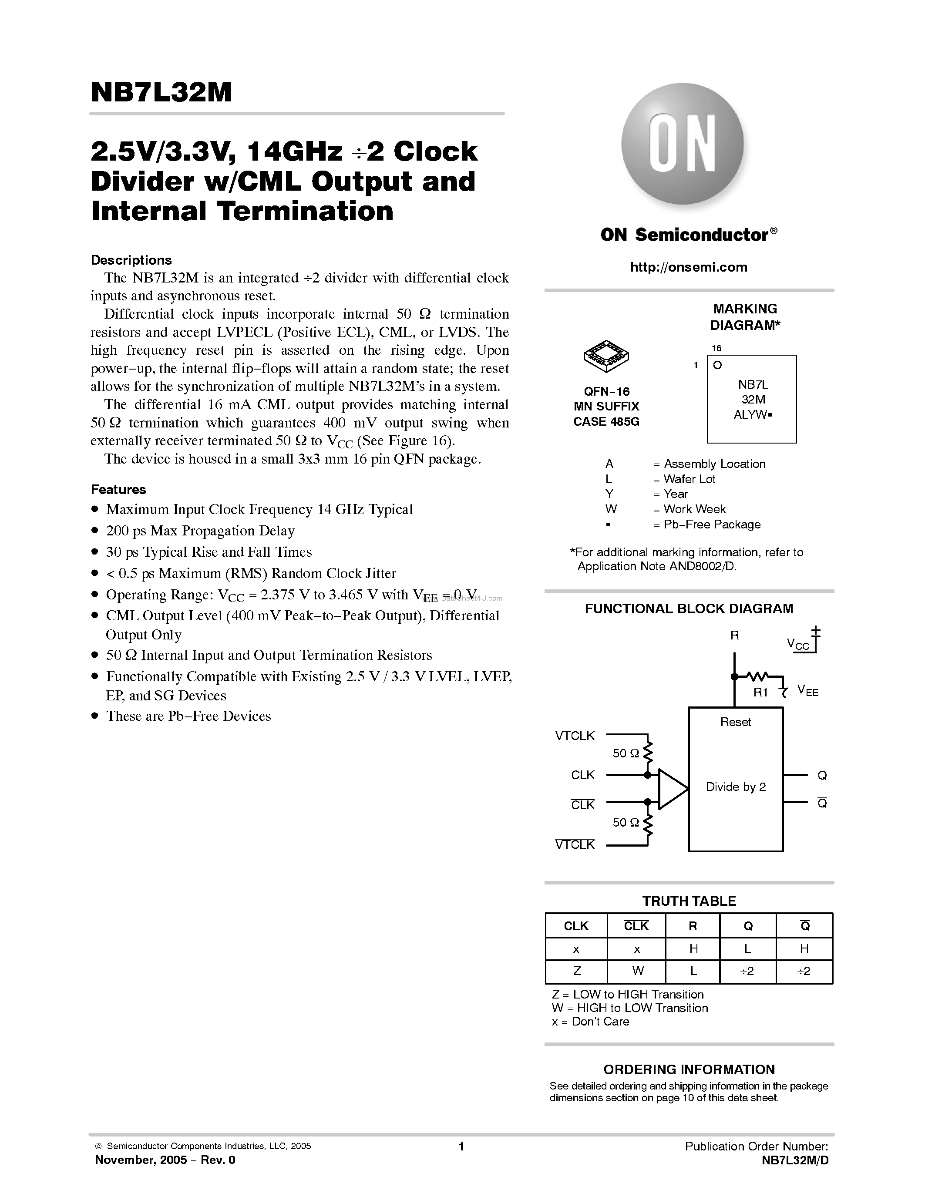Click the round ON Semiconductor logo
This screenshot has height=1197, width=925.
click(x=682, y=144)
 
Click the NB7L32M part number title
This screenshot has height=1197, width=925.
click(x=161, y=92)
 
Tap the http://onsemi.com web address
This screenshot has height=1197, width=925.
click(x=689, y=267)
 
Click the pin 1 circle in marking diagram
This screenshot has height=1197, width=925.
click(x=717, y=365)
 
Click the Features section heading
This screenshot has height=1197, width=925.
click(x=118, y=489)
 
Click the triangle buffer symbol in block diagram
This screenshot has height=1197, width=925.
click(x=671, y=789)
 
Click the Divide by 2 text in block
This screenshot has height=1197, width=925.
click(x=735, y=787)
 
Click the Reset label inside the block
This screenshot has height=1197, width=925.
click(x=735, y=723)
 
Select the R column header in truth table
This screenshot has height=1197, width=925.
click(x=693, y=926)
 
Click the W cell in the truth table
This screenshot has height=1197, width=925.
click(x=637, y=971)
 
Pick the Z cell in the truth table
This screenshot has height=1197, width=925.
click(x=576, y=971)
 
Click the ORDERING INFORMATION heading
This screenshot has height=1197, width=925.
click(x=689, y=1069)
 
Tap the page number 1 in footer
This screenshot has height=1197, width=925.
click(x=461, y=1146)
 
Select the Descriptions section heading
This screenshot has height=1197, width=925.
click(x=131, y=260)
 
